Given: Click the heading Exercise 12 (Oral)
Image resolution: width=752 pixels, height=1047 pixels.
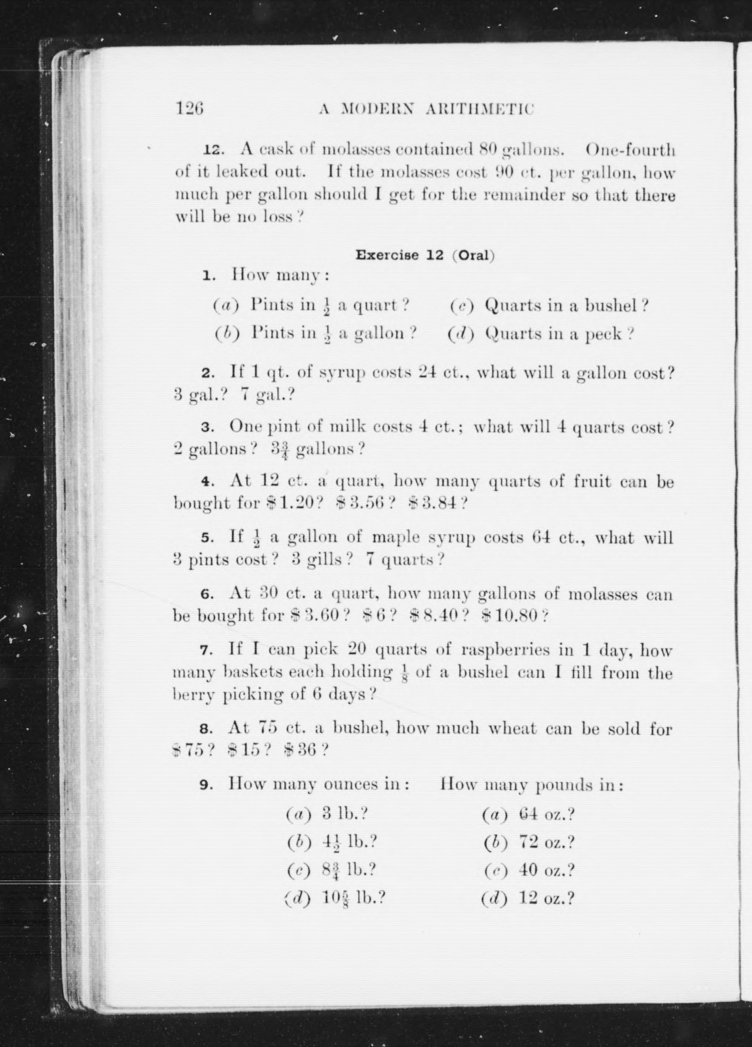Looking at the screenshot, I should [x=425, y=255].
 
